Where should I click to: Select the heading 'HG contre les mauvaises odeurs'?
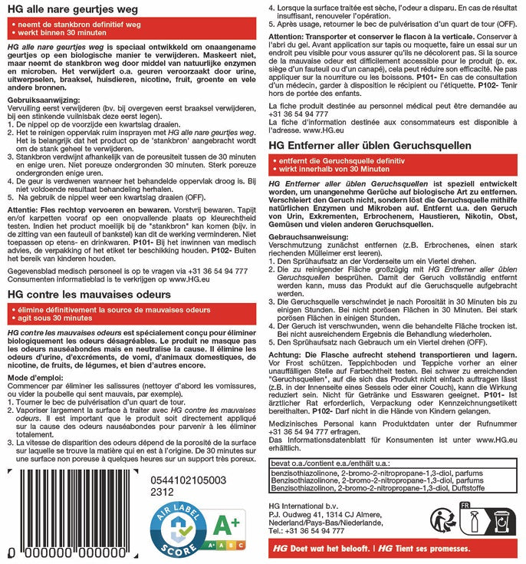100,292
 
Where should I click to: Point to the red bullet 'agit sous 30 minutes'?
58,317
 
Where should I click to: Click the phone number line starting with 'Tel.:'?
307,530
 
